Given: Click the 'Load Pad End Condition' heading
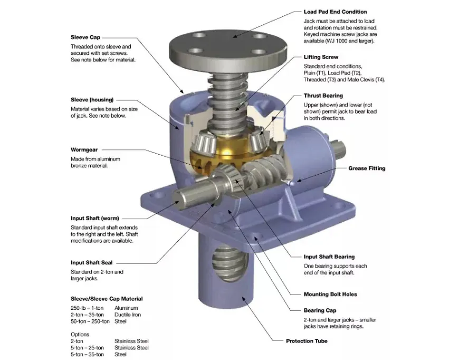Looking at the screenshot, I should (335, 12).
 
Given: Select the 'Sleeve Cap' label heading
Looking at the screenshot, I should (85, 37).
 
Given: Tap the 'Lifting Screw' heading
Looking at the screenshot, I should (321, 57).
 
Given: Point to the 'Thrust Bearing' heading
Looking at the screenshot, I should (323, 96).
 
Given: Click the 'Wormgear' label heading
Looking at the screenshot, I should (84, 149).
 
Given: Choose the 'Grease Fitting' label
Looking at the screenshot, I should (367, 168).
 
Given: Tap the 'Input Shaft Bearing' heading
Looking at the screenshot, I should (329, 257).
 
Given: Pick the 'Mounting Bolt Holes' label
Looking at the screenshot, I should (330, 295).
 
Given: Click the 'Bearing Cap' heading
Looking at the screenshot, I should (320, 311).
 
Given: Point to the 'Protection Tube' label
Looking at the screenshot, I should (307, 341).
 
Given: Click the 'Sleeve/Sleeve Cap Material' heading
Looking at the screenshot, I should (107, 299).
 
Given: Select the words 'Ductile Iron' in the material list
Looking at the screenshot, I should (128, 315).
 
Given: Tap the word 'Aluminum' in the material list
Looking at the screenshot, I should (126, 308).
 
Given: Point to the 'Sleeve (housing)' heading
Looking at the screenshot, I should (92, 99).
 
